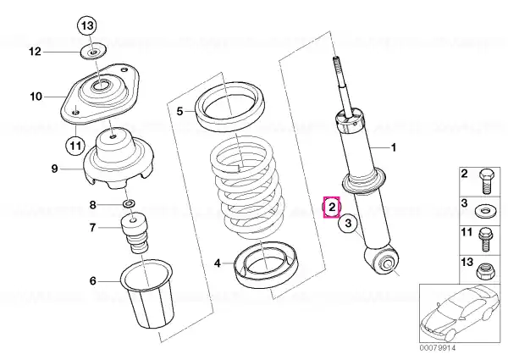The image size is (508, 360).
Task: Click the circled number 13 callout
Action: (x=87, y=25)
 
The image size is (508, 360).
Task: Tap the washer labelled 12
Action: (x=93, y=52)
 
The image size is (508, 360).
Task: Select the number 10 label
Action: (x=36, y=97)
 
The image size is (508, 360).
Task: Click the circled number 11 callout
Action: (x=75, y=146)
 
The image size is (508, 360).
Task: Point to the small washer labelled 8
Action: (x=130, y=204)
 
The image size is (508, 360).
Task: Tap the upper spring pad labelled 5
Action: (x=230, y=108)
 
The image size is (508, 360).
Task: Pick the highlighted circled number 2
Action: (x=332, y=207)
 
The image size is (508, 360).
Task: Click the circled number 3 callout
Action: (x=348, y=224)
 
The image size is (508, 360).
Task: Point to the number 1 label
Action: (x=394, y=147)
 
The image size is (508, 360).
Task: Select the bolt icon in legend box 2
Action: (x=487, y=180)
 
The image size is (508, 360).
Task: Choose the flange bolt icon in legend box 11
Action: (x=485, y=240)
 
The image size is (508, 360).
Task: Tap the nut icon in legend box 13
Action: (x=485, y=271)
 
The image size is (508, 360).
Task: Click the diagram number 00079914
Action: (x=438, y=347)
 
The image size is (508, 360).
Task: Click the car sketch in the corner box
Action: (x=459, y=313)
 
